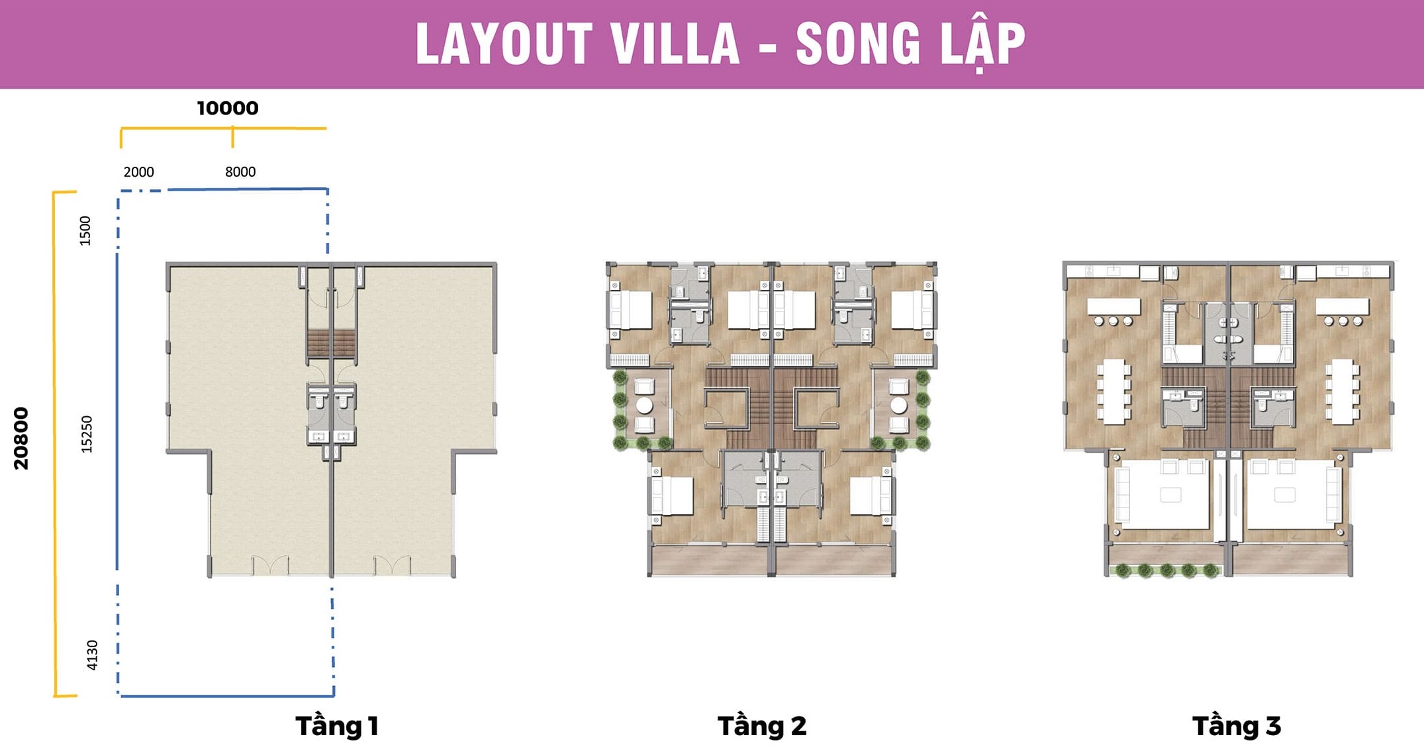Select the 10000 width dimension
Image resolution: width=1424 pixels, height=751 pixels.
click(x=228, y=108)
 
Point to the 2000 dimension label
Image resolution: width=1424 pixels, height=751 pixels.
click(x=138, y=172)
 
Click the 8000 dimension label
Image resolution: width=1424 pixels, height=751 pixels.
click(x=240, y=172)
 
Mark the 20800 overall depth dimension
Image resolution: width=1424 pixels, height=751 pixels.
click(x=21, y=438)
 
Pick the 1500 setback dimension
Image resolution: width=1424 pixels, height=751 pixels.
click(x=85, y=231)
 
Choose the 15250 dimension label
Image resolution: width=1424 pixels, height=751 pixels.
click(x=87, y=434)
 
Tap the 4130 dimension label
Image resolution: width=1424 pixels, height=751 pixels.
click(x=92, y=655)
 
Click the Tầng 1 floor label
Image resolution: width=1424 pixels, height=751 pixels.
click(x=337, y=726)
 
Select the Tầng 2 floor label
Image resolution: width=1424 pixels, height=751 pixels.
click(x=762, y=726)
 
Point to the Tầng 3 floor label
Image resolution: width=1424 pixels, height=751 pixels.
click(x=1237, y=726)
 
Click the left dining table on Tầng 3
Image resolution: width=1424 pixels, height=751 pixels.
click(x=1114, y=391)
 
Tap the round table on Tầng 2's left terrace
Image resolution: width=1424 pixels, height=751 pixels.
click(x=644, y=405)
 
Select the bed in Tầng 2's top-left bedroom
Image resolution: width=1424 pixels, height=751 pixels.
click(x=631, y=310)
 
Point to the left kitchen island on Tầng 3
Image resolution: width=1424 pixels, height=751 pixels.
click(x=1114, y=306)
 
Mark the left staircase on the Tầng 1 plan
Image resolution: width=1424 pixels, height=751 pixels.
click(x=318, y=344)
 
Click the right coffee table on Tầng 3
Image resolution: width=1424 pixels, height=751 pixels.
click(x=1285, y=495)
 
